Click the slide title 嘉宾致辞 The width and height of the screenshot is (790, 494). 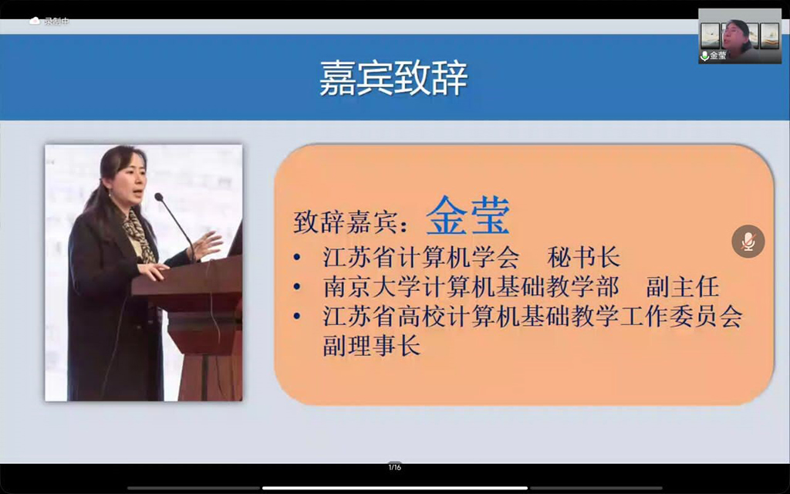pyautogui.click(x=393, y=79)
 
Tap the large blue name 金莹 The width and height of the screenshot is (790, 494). pyautogui.click(x=468, y=215)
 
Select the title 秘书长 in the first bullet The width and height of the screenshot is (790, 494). pyautogui.click(x=583, y=257)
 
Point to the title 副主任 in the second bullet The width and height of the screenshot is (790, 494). pyautogui.click(x=683, y=286)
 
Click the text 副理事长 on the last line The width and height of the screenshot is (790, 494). pyautogui.click(x=372, y=346)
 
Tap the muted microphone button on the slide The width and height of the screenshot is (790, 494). pyautogui.click(x=748, y=242)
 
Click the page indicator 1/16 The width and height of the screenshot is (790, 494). pyautogui.click(x=394, y=467)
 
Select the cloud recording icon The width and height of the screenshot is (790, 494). pyautogui.click(x=34, y=21)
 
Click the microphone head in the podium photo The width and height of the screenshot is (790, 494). pyautogui.click(x=159, y=197)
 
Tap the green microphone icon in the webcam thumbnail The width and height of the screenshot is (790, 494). pyautogui.click(x=705, y=56)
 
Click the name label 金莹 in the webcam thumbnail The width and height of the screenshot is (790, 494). pyautogui.click(x=718, y=56)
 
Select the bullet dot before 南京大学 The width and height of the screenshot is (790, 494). pyautogui.click(x=297, y=287)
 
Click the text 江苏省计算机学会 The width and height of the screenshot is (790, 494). pyautogui.click(x=420, y=257)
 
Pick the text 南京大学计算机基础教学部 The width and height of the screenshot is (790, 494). pyautogui.click(x=471, y=286)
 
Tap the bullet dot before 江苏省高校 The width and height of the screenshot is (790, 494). pyautogui.click(x=297, y=316)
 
